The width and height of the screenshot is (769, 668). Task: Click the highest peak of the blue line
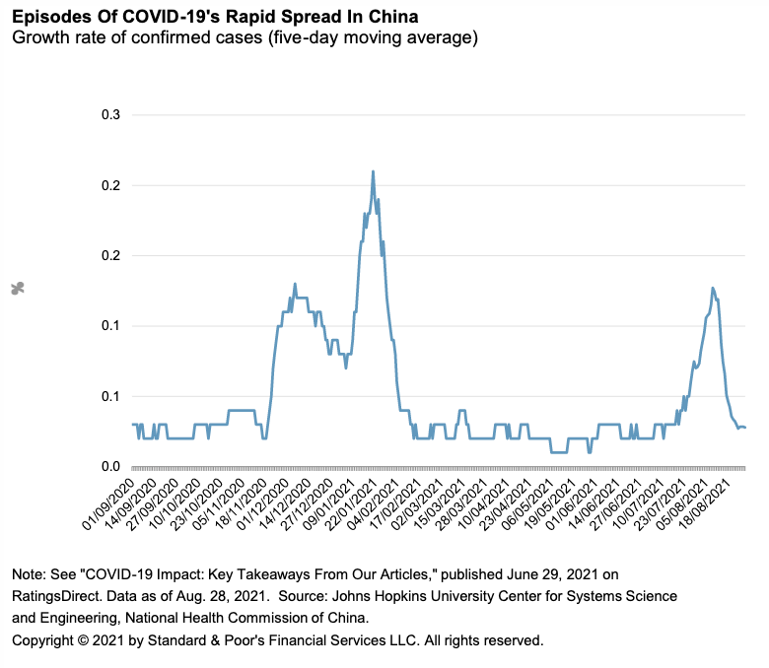[373, 171]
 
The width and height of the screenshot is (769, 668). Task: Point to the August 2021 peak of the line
[712, 289]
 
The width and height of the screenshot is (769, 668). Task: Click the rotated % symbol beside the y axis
[17, 289]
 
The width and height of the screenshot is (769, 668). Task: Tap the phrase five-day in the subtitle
[315, 38]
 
